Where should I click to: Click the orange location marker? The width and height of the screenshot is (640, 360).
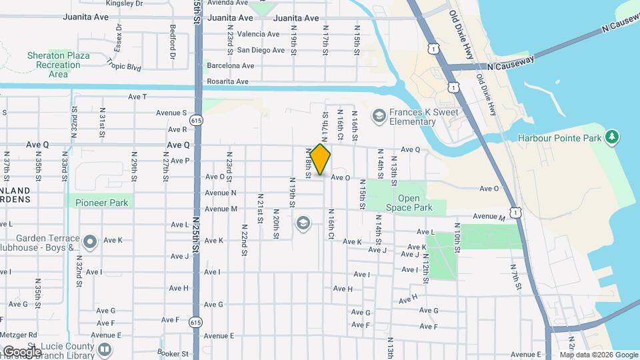[x=320, y=159]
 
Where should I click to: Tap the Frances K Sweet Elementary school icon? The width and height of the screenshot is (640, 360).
[x=379, y=117]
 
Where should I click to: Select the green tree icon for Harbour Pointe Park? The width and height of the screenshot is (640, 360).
[x=612, y=137]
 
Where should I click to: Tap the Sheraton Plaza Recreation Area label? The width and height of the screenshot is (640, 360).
[x=58, y=65]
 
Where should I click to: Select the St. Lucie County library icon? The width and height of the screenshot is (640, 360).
[x=104, y=349]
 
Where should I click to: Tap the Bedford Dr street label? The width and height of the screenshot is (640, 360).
[x=172, y=42]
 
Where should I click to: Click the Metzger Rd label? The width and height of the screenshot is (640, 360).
[x=19, y=334]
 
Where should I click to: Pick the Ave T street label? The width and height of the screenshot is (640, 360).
[x=137, y=97]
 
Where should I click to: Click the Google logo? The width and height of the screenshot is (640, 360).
[x=21, y=351]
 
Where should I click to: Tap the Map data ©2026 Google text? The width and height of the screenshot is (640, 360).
[x=599, y=355]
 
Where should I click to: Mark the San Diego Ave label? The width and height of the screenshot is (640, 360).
[x=261, y=50]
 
